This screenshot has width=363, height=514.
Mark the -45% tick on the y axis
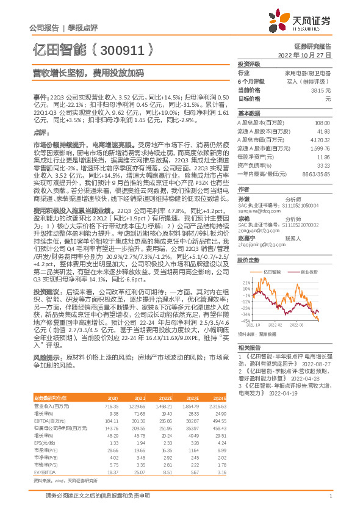pos(245,319)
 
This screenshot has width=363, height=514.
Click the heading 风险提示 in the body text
pos(45,354)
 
